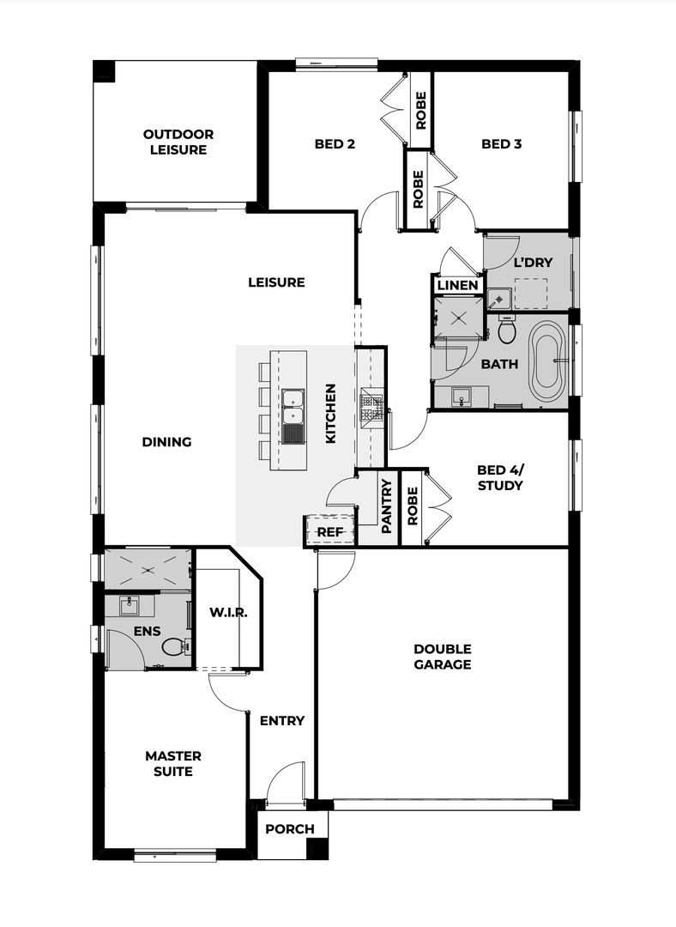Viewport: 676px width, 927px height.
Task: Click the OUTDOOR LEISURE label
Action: [x=178, y=142]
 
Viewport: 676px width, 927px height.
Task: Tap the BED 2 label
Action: [x=334, y=144]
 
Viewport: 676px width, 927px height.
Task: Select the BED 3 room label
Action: [x=501, y=144]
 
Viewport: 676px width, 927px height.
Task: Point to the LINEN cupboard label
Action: [x=457, y=285]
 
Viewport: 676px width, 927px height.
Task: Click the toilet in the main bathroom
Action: [x=507, y=330]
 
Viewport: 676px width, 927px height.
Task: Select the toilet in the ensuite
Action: [x=175, y=648]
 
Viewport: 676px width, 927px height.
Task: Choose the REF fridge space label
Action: [x=329, y=532]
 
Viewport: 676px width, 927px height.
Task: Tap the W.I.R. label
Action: [x=228, y=613]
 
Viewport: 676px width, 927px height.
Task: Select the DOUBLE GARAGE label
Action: [x=442, y=657]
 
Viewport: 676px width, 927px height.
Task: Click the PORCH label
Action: [x=289, y=829]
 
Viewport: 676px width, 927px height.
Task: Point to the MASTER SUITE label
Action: [x=173, y=763]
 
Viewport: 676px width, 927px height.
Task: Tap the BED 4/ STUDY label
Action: [x=499, y=477]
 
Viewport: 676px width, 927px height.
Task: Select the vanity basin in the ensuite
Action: [x=131, y=605]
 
